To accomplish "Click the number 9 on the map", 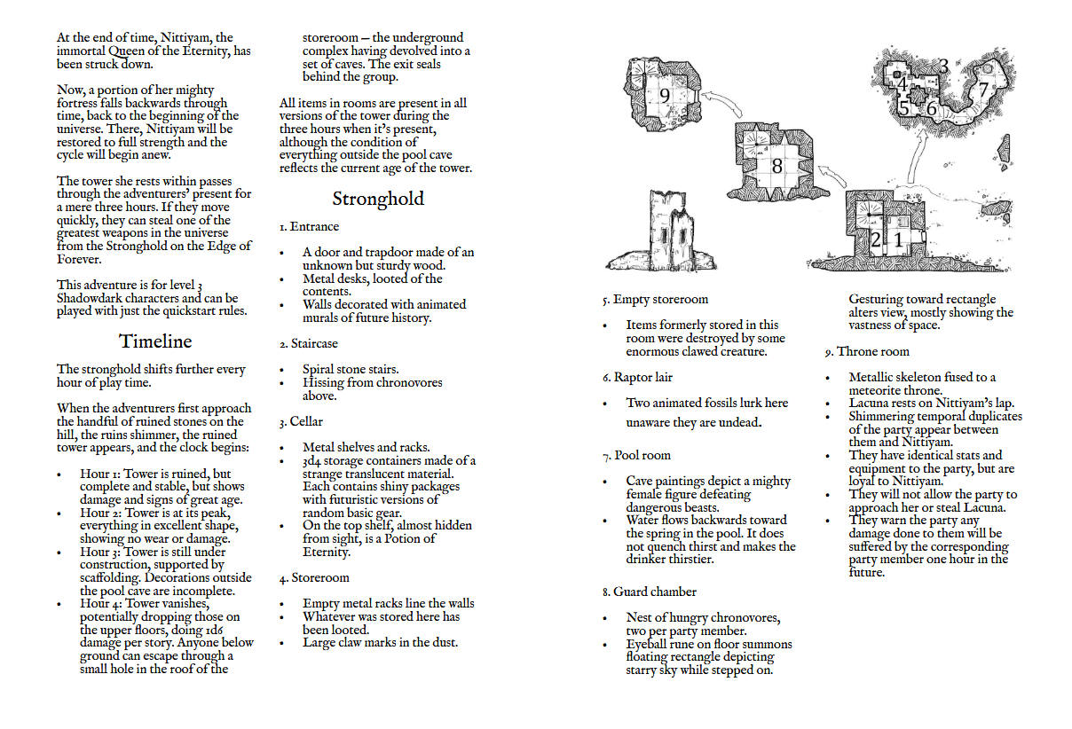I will coord(664,96).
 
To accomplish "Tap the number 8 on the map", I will coord(776,165).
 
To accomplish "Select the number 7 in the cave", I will coord(982,90).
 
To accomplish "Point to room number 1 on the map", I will coord(898,239).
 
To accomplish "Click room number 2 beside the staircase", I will coord(876,239).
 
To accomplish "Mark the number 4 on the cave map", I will coord(903,85).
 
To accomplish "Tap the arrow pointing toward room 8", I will coord(829,183).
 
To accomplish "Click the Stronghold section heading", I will coord(378,199).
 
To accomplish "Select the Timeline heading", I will coord(155,341).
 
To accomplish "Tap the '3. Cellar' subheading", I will coord(301,421).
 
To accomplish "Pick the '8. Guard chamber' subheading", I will coord(649,592).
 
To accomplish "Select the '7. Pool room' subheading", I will coord(636,456).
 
